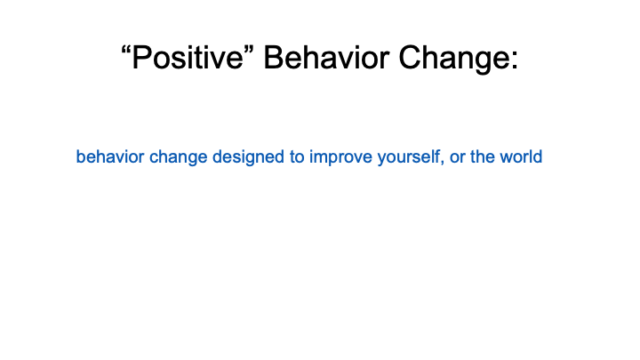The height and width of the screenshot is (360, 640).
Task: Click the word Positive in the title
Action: pyautogui.click(x=188, y=58)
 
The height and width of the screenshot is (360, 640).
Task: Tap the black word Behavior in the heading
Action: pyautogui.click(x=326, y=58)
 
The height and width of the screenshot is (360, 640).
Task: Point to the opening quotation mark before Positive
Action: pyautogui.click(x=125, y=50)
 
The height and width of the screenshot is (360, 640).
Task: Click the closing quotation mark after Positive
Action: pyautogui.click(x=250, y=50)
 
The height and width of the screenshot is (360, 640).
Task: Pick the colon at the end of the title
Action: pyautogui.click(x=514, y=61)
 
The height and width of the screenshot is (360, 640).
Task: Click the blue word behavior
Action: pyautogui.click(x=110, y=156)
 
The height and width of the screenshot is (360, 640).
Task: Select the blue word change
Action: pyautogui.click(x=178, y=158)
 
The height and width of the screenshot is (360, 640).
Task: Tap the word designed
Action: pyautogui.click(x=248, y=158)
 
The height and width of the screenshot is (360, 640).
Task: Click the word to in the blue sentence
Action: pyautogui.click(x=297, y=157)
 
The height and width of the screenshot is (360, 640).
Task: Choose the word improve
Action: pyautogui.click(x=340, y=158)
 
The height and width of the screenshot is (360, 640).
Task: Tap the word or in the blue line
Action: pyautogui.click(x=457, y=159)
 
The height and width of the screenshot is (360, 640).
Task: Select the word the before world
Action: pyautogui.click(x=483, y=156)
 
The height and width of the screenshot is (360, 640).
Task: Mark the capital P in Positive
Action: pyautogui.click(x=140, y=57)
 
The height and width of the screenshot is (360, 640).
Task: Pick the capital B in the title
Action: pyautogui.click(x=274, y=57)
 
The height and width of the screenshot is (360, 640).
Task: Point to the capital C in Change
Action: pyautogui.click(x=410, y=57)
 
